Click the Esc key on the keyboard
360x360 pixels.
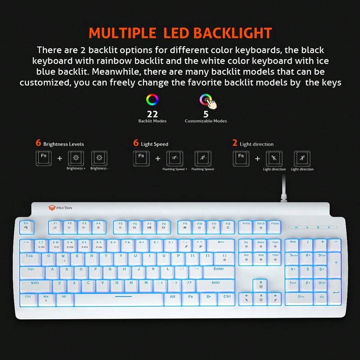pos(26,226)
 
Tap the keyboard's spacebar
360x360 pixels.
pos(118,299)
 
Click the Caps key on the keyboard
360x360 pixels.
pos(32,272)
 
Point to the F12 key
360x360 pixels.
pos(228,227)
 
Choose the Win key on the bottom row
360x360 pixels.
pos(46,299)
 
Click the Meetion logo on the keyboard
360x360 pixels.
pos(60,208)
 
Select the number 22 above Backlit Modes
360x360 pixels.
pos(152,114)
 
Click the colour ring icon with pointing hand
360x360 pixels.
pos(207,101)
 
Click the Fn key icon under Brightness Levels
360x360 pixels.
pos(44,158)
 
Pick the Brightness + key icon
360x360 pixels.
pos(76,158)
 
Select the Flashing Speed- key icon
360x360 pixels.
pos(203,158)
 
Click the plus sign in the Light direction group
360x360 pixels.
pos(258,159)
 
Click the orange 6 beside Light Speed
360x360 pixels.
pos(136,143)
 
